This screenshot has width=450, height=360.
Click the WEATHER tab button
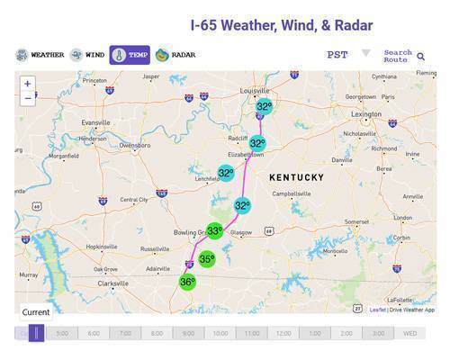(x=40, y=55)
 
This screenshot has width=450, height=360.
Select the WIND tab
(x=87, y=55)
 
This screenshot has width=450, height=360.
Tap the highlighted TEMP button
(x=130, y=55)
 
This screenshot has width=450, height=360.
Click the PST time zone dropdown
(x=347, y=55)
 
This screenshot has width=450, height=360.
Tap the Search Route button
(x=403, y=55)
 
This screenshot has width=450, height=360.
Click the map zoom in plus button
(x=28, y=84)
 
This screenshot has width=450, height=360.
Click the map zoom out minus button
(x=28, y=98)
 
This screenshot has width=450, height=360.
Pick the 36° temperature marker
(x=187, y=282)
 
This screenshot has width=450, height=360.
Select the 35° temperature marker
(x=207, y=259)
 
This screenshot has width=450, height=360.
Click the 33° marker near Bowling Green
(x=214, y=231)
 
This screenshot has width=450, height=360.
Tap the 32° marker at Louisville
(x=264, y=107)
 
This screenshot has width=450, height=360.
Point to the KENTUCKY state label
(x=296, y=177)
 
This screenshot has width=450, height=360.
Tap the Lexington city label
(x=365, y=114)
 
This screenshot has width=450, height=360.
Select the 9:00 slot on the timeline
(x=188, y=333)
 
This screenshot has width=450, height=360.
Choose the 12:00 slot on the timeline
(x=283, y=333)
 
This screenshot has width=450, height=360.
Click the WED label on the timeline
(x=409, y=333)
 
